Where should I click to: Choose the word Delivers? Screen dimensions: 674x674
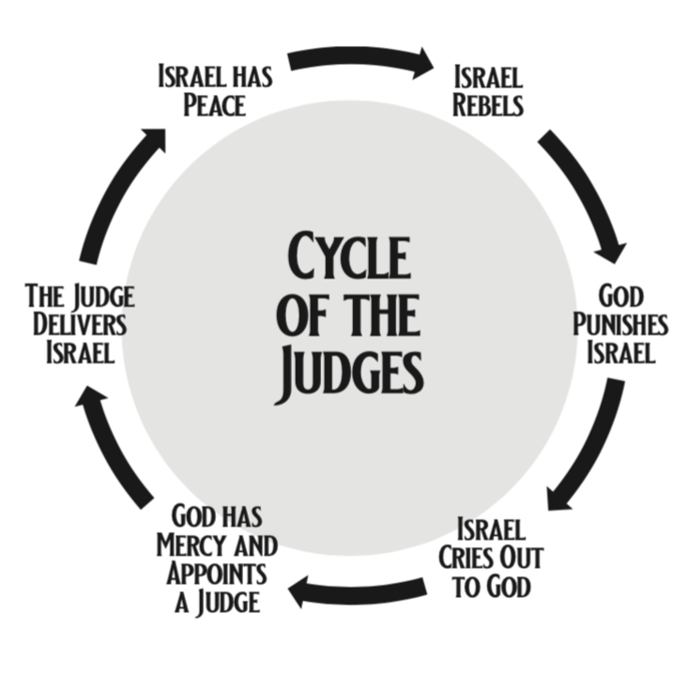(x=79, y=326)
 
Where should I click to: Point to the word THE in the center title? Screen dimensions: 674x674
(x=379, y=314)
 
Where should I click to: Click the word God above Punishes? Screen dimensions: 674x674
(x=620, y=298)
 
